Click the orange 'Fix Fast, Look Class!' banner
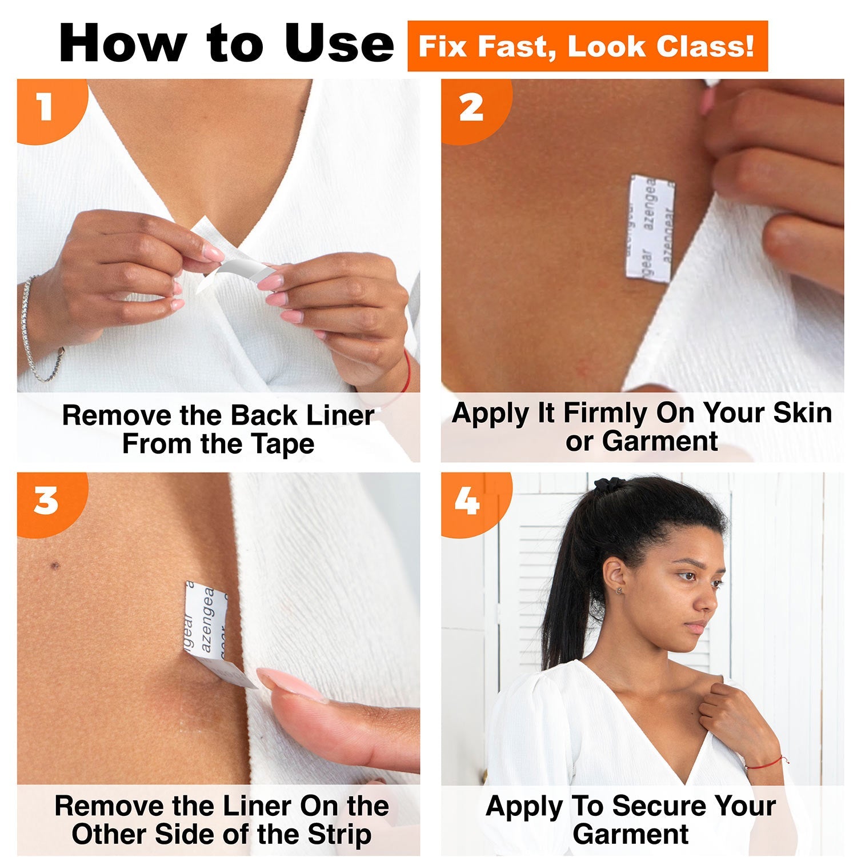[587, 46]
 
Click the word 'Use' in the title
[339, 43]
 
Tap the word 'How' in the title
[123, 43]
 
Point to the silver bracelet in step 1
[34, 331]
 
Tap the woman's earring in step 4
[618, 591]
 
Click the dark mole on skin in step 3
[55, 566]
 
